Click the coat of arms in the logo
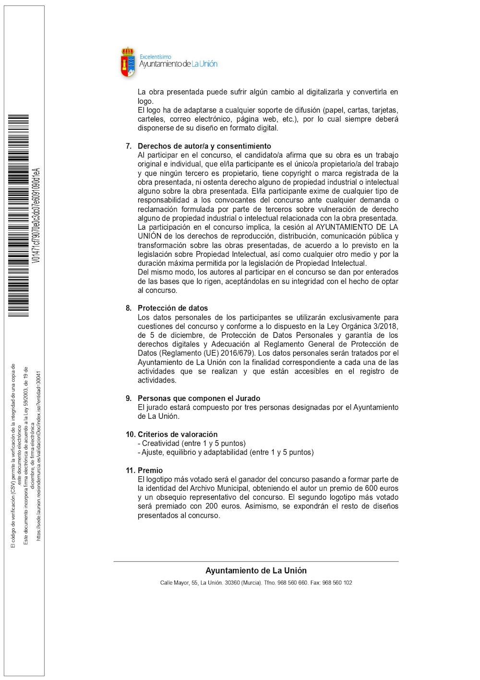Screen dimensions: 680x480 pyautogui.click(x=128, y=62)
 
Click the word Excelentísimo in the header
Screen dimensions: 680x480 pyautogui.click(x=155, y=57)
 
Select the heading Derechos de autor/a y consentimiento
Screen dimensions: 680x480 pyautogui.click(x=204, y=146)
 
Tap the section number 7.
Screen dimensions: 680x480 pyautogui.click(x=129, y=146)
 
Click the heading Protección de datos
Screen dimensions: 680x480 pyautogui.click(x=173, y=308)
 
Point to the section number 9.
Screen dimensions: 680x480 pyautogui.click(x=129, y=398)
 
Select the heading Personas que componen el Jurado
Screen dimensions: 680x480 pyautogui.click(x=199, y=398)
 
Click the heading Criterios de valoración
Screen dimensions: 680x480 pyautogui.click(x=178, y=434)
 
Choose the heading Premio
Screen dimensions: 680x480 pyautogui.click(x=150, y=470)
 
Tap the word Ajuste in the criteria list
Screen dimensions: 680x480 pyautogui.click(x=152, y=452)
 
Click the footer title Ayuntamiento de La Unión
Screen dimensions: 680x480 pyautogui.click(x=256, y=571)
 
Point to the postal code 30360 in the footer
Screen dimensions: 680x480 pyautogui.click(x=232, y=583)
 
